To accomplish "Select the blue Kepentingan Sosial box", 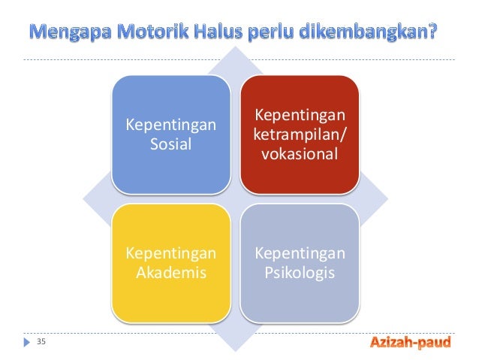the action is click(170, 132).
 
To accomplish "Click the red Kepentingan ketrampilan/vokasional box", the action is click(300, 132).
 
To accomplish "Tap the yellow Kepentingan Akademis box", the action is click(170, 262).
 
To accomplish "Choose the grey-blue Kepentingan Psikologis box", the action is click(300, 262).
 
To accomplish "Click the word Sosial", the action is click(170, 143).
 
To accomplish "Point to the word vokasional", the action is click(300, 155).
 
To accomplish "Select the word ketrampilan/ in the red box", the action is click(300, 135).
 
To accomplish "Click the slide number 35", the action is click(41, 343).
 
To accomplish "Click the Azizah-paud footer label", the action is click(410, 343).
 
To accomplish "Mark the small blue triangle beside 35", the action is click(28, 343).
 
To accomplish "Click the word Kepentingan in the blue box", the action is click(170, 123).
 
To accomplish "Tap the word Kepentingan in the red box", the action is click(300, 116).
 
